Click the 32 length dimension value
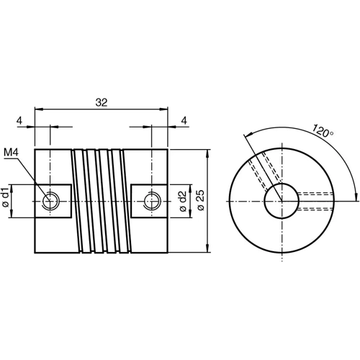pyautogui.click(x=101, y=103)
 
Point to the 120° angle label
pyautogui.click(x=323, y=131)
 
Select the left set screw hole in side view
pyautogui.click(x=50, y=201)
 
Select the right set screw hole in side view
pyautogui.click(x=152, y=201)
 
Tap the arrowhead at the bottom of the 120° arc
pyautogui.click(x=356, y=196)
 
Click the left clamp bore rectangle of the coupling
pyautogui.click(x=53, y=201)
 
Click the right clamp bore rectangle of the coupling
pyautogui.click(x=150, y=201)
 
